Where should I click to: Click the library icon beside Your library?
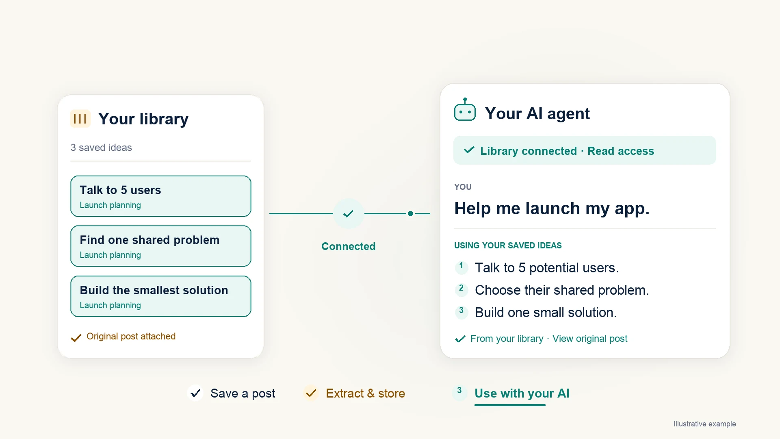coord(80,119)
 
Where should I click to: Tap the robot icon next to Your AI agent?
coord(465,110)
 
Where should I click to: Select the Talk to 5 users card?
coord(160,196)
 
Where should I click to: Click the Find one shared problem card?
coord(160,246)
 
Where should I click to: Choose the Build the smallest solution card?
coord(160,296)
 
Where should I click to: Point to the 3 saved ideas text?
coord(101,148)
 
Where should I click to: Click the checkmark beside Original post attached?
coord(76,338)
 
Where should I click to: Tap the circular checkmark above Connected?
coord(349,213)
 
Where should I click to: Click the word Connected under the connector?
coord(348,246)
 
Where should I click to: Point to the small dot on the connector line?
coord(410,213)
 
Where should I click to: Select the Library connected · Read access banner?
coord(585,150)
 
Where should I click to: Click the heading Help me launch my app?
coord(552,209)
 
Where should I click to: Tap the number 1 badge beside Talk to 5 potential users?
coord(461,266)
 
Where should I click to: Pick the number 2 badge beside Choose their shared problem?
coord(461,289)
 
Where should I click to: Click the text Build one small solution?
coord(546,313)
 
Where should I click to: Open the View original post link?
coord(589,339)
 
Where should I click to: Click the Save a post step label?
coord(243,393)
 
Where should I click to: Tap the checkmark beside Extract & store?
coord(311,393)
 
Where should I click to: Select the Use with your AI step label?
coord(522,393)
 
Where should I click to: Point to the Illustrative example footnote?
coord(704,424)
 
